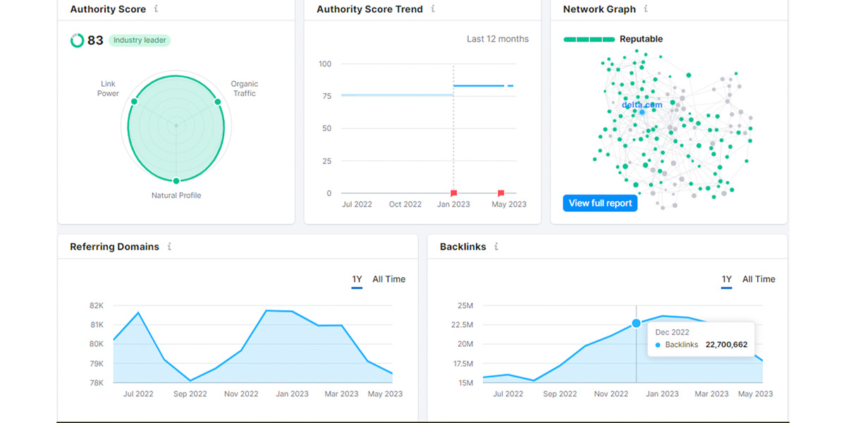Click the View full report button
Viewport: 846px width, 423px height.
tap(600, 203)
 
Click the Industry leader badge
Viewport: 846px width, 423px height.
tap(140, 40)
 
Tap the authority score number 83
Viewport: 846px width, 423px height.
tap(95, 40)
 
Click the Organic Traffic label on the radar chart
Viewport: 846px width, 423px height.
tap(244, 89)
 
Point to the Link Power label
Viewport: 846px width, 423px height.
tap(108, 89)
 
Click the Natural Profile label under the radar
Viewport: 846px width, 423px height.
tap(176, 195)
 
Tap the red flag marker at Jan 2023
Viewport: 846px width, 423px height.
tap(454, 192)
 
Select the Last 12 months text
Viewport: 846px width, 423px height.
tap(497, 39)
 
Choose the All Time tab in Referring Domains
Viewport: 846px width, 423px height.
tap(388, 279)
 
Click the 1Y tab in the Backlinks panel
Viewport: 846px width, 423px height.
tap(726, 279)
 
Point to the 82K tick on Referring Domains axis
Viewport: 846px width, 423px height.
tap(96, 305)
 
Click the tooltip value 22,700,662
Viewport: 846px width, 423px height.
tap(726, 345)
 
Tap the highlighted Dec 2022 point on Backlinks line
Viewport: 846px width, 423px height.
tap(636, 323)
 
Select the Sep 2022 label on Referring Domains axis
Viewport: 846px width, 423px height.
tap(190, 394)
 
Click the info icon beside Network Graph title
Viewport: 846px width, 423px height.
tap(646, 9)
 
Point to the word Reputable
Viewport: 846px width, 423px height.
tap(641, 39)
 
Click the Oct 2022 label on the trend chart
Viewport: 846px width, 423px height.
tap(405, 204)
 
